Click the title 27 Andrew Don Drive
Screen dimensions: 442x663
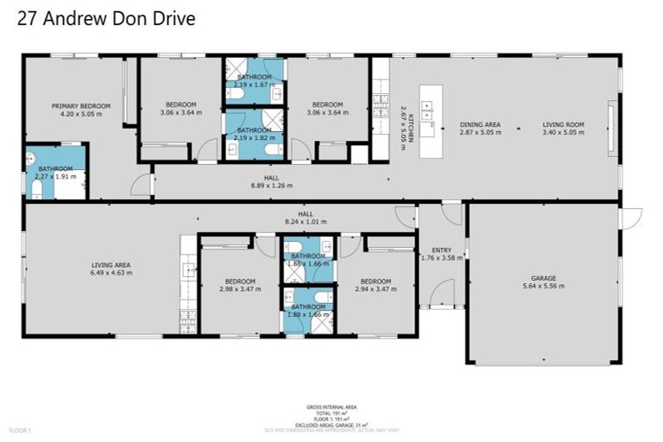(x=106, y=18)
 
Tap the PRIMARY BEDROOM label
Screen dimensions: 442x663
(x=81, y=105)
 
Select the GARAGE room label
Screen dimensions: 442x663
(x=544, y=278)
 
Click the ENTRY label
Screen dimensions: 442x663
(x=441, y=249)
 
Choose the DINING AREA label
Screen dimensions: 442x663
(x=480, y=125)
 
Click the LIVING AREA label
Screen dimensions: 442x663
(x=111, y=265)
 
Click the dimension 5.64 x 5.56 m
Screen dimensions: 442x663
(x=544, y=286)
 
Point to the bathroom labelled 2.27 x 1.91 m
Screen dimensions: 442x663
(x=55, y=173)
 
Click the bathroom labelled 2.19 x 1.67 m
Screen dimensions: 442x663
(x=255, y=80)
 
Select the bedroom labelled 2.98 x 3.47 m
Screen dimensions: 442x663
(x=240, y=285)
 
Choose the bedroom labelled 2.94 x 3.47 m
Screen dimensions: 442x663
(x=376, y=285)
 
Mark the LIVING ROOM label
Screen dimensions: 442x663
(x=563, y=125)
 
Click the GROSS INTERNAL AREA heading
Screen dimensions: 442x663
(x=331, y=406)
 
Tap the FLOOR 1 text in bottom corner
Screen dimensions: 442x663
(x=20, y=429)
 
